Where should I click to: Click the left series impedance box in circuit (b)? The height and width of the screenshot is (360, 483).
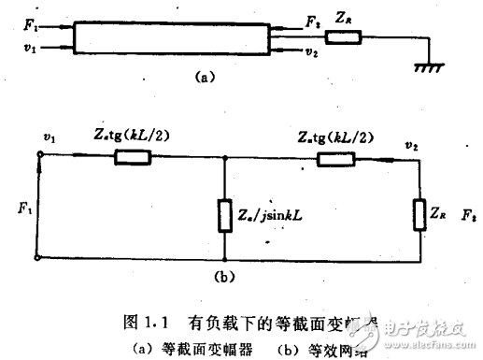[x=129, y=157]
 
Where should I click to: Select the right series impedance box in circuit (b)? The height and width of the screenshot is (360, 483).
[x=334, y=157]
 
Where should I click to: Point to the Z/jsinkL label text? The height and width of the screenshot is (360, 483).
[x=272, y=216]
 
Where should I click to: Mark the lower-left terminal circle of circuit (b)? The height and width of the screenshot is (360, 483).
[x=38, y=256]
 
